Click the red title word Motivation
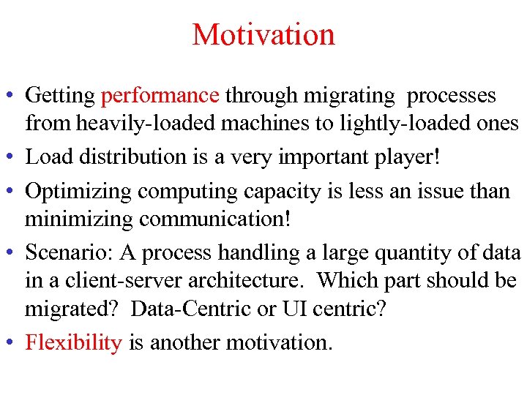click(263, 34)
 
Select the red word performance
click(160, 96)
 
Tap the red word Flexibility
click(73, 342)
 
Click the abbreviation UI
click(291, 308)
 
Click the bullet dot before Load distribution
click(11, 157)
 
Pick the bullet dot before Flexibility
click(11, 343)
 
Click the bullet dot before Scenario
click(11, 254)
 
